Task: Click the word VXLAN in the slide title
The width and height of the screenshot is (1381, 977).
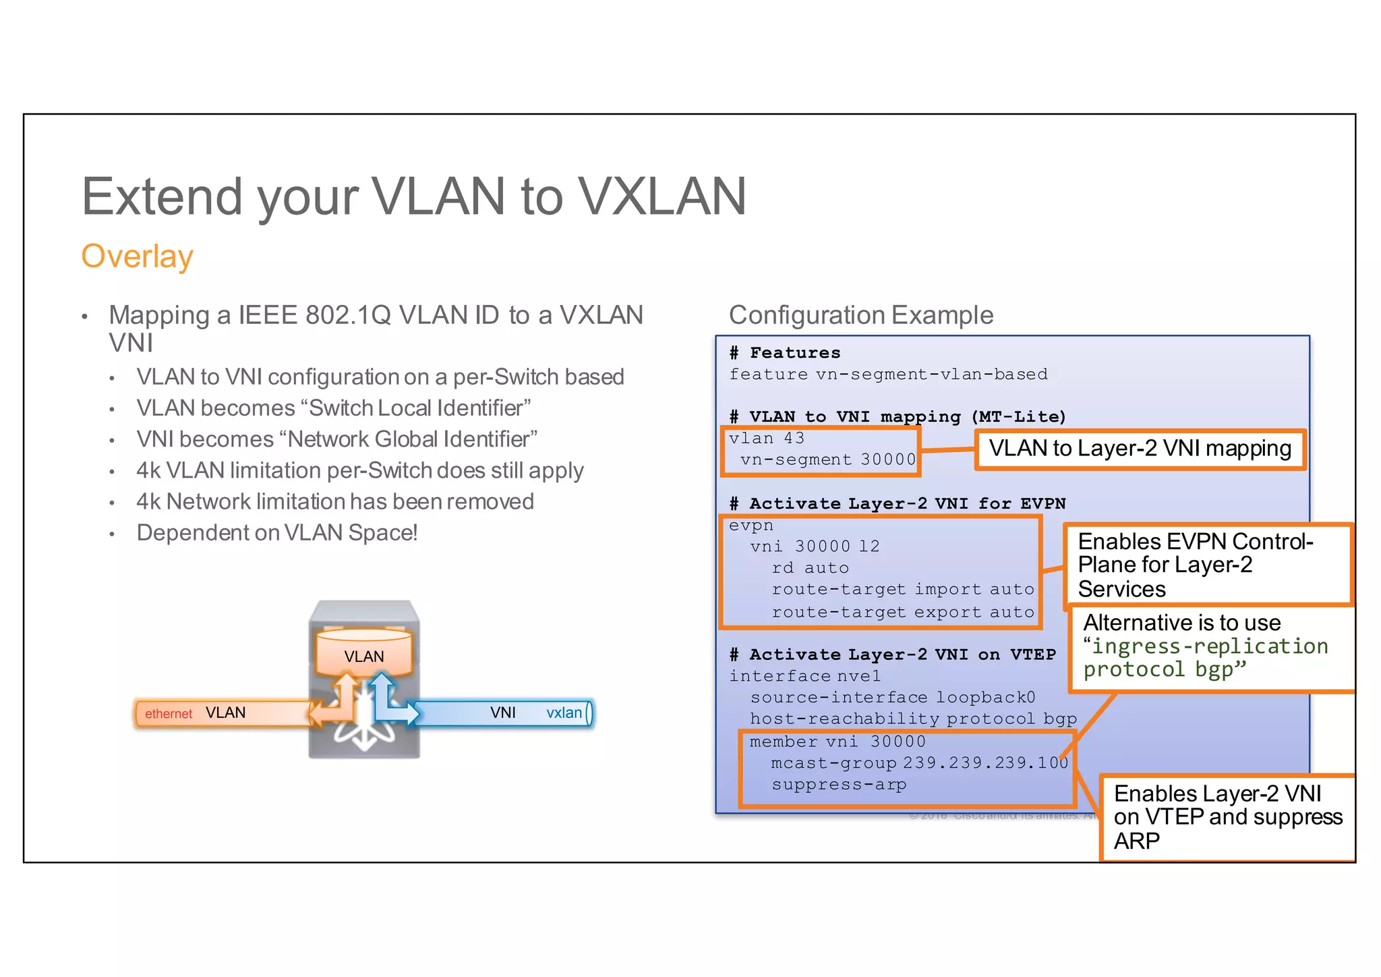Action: (x=662, y=197)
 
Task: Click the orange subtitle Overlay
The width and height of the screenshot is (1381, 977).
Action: (x=137, y=257)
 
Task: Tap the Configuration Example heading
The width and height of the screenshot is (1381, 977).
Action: (x=860, y=315)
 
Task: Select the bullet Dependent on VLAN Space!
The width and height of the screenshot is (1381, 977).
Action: (x=277, y=533)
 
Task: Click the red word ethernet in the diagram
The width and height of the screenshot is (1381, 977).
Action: (x=169, y=714)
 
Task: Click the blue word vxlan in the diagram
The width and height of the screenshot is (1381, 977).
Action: (x=564, y=713)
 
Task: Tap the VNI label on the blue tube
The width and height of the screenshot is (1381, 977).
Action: (x=503, y=713)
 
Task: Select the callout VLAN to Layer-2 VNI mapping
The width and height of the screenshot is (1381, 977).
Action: (x=1140, y=449)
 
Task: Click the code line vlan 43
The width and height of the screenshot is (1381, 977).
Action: (x=767, y=439)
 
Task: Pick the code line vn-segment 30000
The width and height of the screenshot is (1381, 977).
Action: (x=828, y=460)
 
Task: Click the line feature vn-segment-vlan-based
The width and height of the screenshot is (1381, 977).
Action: (x=888, y=374)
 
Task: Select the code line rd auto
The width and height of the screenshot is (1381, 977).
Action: (x=810, y=568)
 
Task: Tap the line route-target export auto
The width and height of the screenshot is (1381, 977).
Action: (x=902, y=613)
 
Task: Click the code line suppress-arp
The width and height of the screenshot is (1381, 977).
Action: (x=839, y=785)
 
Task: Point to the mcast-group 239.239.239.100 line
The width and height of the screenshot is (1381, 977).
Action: (x=919, y=763)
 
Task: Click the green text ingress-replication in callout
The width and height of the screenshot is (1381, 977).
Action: (x=1210, y=646)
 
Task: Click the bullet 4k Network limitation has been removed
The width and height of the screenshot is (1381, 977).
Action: (x=335, y=502)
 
